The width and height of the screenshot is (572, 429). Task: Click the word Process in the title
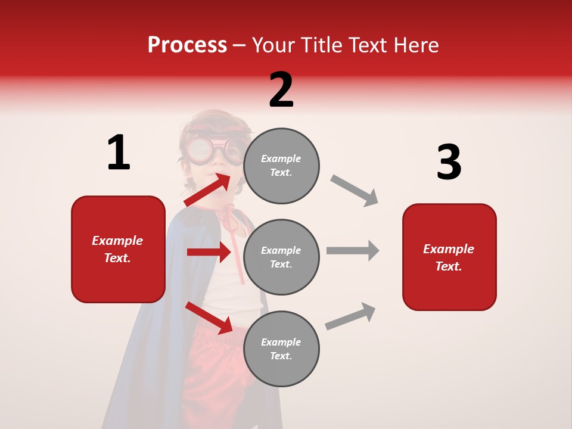(187, 45)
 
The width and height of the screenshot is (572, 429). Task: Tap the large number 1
(119, 153)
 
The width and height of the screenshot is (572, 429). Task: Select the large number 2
(281, 90)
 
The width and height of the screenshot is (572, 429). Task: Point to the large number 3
(449, 163)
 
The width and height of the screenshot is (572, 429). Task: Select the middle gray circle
(281, 257)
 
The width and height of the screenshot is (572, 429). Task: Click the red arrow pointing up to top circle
(208, 189)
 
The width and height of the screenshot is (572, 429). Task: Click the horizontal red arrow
(209, 252)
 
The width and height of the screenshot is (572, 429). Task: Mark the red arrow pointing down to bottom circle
(209, 317)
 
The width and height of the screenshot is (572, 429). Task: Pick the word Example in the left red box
(117, 241)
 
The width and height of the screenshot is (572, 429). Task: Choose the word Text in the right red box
(448, 266)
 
